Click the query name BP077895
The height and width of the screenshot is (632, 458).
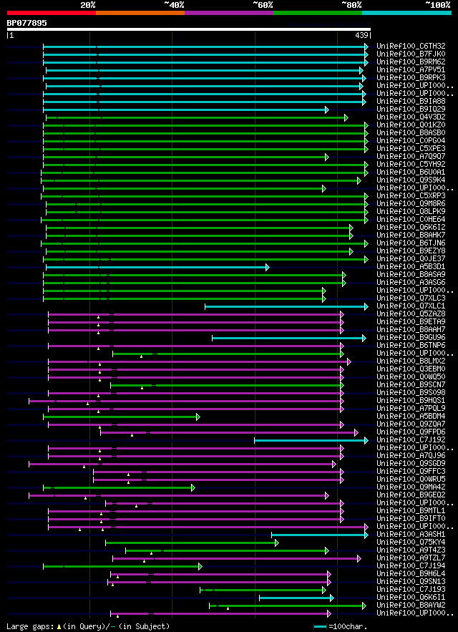click(26, 23)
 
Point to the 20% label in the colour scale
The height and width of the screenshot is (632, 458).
click(88, 5)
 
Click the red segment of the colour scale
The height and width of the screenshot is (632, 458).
click(51, 13)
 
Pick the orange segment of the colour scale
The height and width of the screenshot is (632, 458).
click(140, 13)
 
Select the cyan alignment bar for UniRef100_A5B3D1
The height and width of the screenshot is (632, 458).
click(157, 267)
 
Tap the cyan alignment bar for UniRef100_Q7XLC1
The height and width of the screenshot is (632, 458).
click(286, 306)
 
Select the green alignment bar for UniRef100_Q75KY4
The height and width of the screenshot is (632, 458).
click(192, 543)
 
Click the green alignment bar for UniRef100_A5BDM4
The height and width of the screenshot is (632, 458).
click(122, 417)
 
